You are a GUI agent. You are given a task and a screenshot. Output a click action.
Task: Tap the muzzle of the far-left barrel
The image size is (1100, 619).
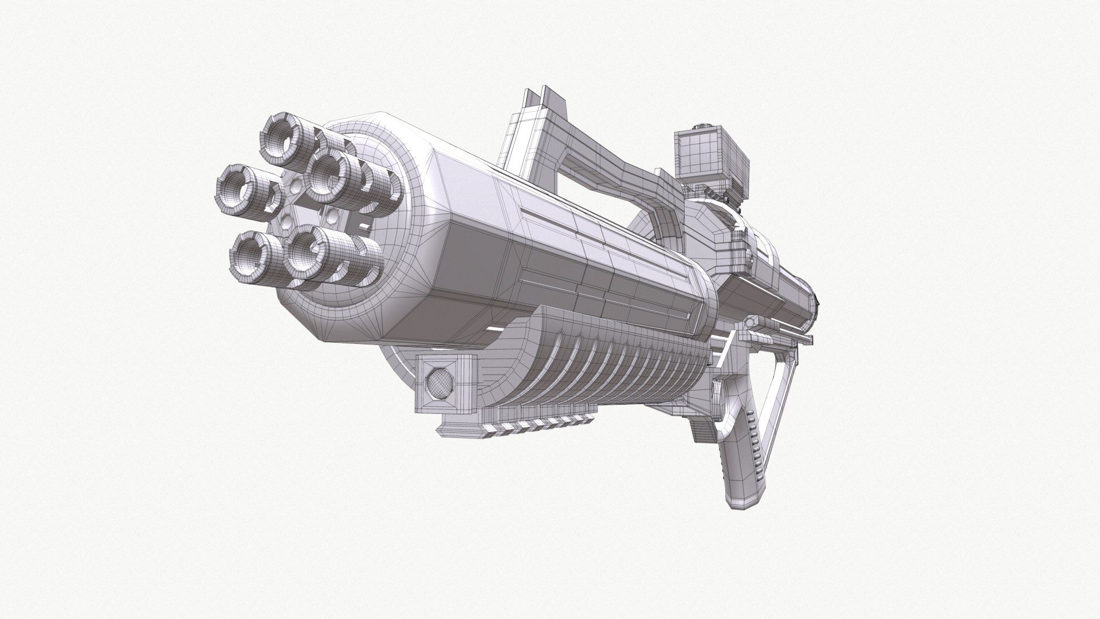(236, 187)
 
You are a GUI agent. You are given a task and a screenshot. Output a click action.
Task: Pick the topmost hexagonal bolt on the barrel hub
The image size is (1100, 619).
(295, 185)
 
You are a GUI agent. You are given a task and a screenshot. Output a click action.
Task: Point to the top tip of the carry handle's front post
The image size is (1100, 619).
(541, 94)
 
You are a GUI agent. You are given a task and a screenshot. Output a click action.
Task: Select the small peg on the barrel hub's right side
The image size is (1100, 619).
(362, 227)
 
